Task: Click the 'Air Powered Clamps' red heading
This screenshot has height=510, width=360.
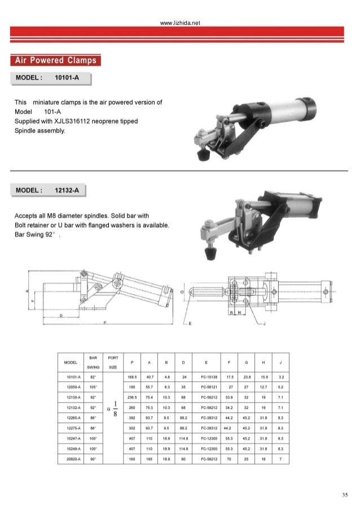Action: (56, 60)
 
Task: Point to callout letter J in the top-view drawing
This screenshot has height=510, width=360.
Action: (265, 324)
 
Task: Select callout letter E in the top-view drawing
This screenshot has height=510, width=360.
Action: (190, 324)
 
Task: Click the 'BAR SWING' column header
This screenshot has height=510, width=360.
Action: (93, 361)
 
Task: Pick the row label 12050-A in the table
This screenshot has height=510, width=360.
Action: (71, 387)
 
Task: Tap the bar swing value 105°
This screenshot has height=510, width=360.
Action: (93, 387)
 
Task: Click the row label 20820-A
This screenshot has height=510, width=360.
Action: (71, 458)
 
